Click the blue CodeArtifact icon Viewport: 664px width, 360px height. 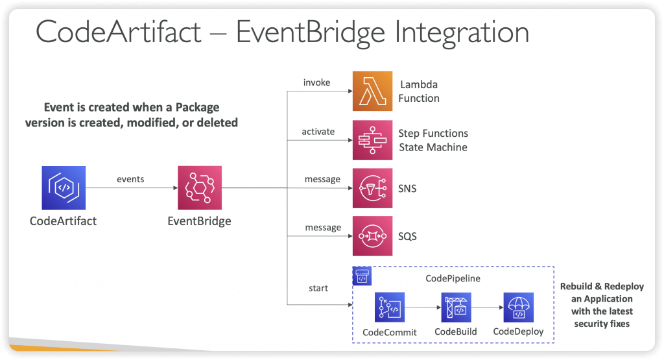point(64,187)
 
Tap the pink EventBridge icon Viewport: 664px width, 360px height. point(200,187)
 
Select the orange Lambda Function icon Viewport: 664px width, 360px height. point(372,91)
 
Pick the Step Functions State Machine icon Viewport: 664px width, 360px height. point(372,139)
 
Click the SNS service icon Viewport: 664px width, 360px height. point(372,188)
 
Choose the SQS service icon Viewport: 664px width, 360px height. point(372,236)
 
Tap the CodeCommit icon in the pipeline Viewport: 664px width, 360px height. point(390,307)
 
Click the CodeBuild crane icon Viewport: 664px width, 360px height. point(456,307)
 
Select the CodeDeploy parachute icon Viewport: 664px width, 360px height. point(518,307)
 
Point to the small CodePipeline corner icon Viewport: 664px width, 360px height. point(362,276)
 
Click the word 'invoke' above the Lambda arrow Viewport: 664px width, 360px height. point(316,82)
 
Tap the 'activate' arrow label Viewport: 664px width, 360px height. point(318,132)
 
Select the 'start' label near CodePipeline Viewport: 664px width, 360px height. point(318,289)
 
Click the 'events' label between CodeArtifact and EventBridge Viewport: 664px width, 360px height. point(130,179)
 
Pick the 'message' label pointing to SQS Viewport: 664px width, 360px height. point(323,228)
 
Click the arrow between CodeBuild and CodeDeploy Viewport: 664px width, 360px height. point(487,307)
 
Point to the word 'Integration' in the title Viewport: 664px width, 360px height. point(462,33)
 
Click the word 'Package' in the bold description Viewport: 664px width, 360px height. point(197,108)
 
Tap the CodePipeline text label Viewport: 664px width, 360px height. point(453,279)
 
